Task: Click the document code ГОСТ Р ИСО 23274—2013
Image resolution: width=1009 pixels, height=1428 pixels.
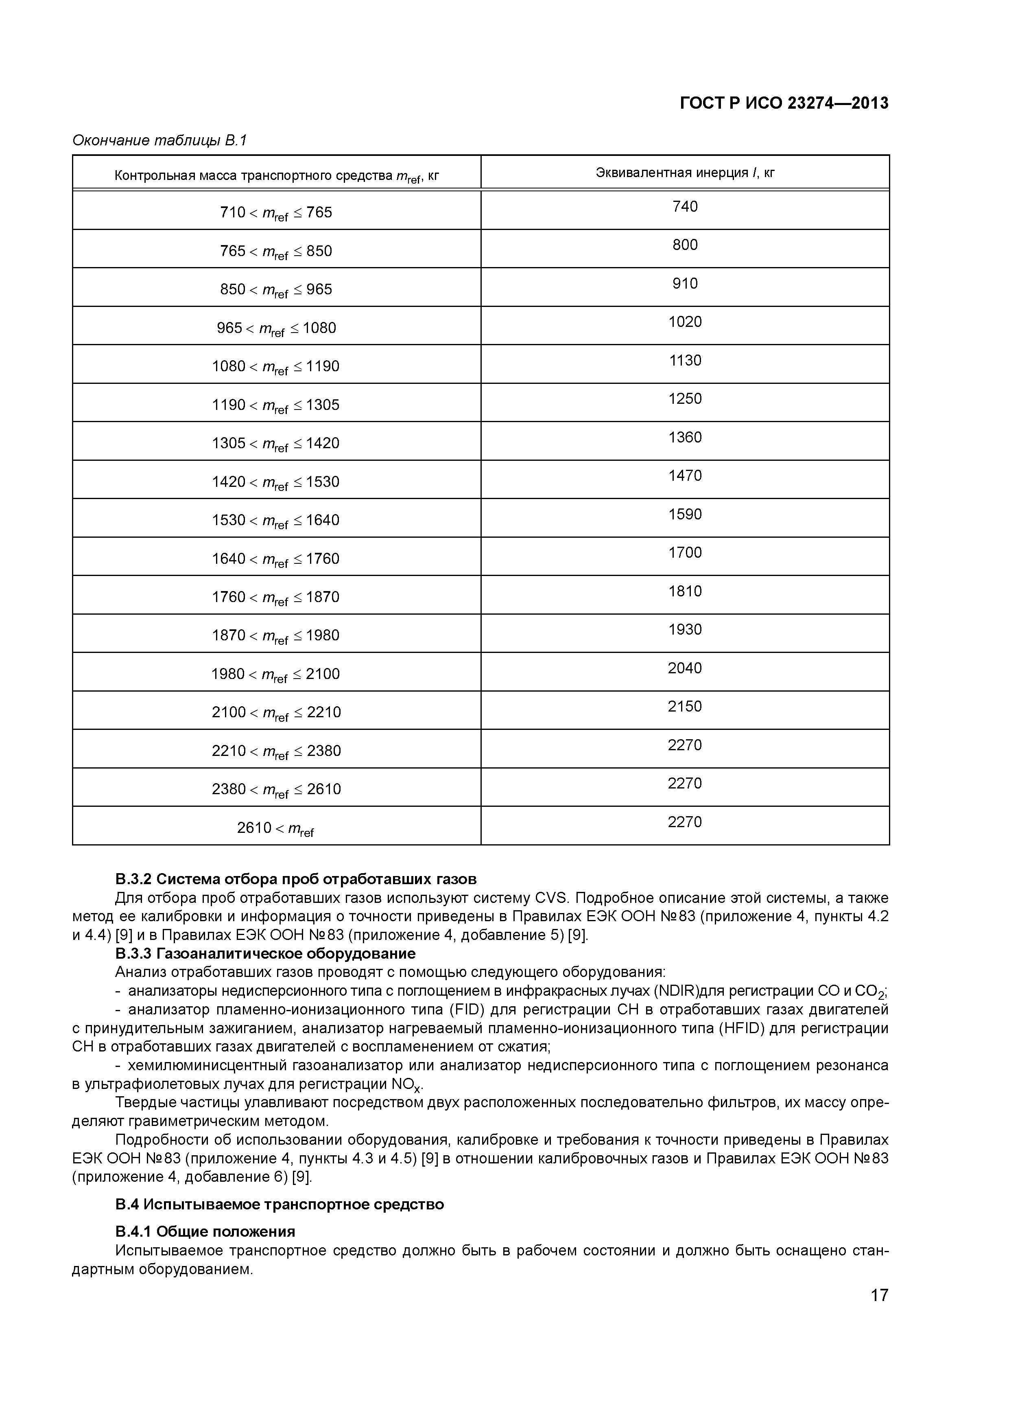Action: click(x=784, y=103)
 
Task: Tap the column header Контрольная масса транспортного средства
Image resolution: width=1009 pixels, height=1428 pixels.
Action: click(x=277, y=176)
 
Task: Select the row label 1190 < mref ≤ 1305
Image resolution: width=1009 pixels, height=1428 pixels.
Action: click(x=276, y=405)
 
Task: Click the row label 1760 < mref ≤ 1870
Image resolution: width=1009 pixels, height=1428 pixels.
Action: click(x=276, y=598)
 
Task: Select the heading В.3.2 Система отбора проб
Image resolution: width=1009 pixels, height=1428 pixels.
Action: click(x=296, y=879)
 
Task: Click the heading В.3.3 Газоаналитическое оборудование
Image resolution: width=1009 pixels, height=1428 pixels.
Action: click(x=265, y=953)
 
